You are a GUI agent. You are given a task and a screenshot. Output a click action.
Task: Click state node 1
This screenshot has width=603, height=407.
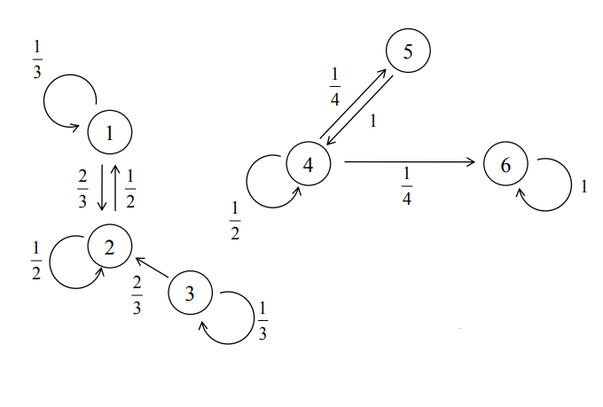pyautogui.click(x=110, y=133)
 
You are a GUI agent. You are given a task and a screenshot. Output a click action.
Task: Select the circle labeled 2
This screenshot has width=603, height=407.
pyautogui.click(x=110, y=247)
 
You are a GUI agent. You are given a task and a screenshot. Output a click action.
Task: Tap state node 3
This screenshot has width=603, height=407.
pyautogui.click(x=189, y=294)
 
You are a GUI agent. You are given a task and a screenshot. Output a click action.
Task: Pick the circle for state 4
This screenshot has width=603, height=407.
pyautogui.click(x=309, y=164)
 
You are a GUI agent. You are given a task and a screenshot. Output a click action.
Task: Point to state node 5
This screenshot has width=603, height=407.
pyautogui.click(x=408, y=51)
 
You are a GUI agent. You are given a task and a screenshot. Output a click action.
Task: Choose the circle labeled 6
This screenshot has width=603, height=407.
pyautogui.click(x=506, y=165)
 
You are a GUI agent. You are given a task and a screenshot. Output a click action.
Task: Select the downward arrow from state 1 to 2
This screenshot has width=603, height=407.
pyautogui.click(x=102, y=188)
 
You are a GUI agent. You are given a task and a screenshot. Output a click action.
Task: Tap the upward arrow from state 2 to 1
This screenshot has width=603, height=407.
pyautogui.click(x=116, y=188)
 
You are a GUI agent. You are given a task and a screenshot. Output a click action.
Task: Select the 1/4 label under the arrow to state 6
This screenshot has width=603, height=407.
pyautogui.click(x=407, y=189)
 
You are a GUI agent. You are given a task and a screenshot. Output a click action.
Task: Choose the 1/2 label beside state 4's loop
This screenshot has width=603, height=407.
pyautogui.click(x=235, y=221)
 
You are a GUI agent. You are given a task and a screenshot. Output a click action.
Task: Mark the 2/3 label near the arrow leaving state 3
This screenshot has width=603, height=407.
pyautogui.click(x=137, y=294)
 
